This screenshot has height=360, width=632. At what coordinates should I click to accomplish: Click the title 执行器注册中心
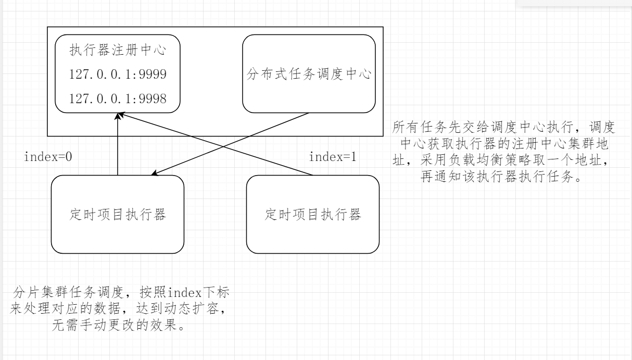click(x=118, y=52)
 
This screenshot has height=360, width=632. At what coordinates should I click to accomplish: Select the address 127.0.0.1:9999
click(x=118, y=75)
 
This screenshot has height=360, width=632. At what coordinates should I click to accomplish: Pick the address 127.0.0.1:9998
click(x=118, y=99)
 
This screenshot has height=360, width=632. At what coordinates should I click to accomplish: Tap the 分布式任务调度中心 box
click(x=309, y=73)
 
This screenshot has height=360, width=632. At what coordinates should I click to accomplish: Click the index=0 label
click(x=48, y=156)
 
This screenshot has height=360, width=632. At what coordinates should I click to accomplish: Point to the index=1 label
click(x=333, y=156)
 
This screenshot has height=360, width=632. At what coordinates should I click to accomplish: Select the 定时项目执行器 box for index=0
click(x=118, y=214)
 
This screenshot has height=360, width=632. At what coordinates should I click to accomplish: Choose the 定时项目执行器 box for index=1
click(x=312, y=214)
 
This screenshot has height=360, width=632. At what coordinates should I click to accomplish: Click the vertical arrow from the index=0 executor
click(x=118, y=146)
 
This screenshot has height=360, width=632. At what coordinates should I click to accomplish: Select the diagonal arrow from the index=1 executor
click(x=219, y=146)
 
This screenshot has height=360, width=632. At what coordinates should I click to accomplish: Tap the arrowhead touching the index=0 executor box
click(x=155, y=176)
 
